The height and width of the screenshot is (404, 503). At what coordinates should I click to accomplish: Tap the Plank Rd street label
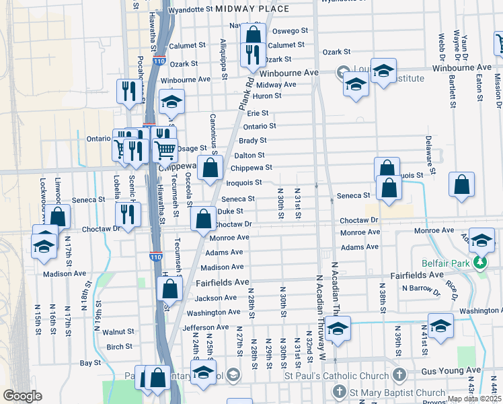click(245, 93)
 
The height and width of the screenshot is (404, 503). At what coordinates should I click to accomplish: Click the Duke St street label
click(229, 211)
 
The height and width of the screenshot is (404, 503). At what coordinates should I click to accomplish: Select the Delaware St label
click(428, 153)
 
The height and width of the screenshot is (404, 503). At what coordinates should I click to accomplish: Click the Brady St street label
click(253, 141)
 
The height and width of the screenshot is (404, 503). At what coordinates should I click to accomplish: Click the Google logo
click(22, 396)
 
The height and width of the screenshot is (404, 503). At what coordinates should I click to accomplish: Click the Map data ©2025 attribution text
click(474, 399)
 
